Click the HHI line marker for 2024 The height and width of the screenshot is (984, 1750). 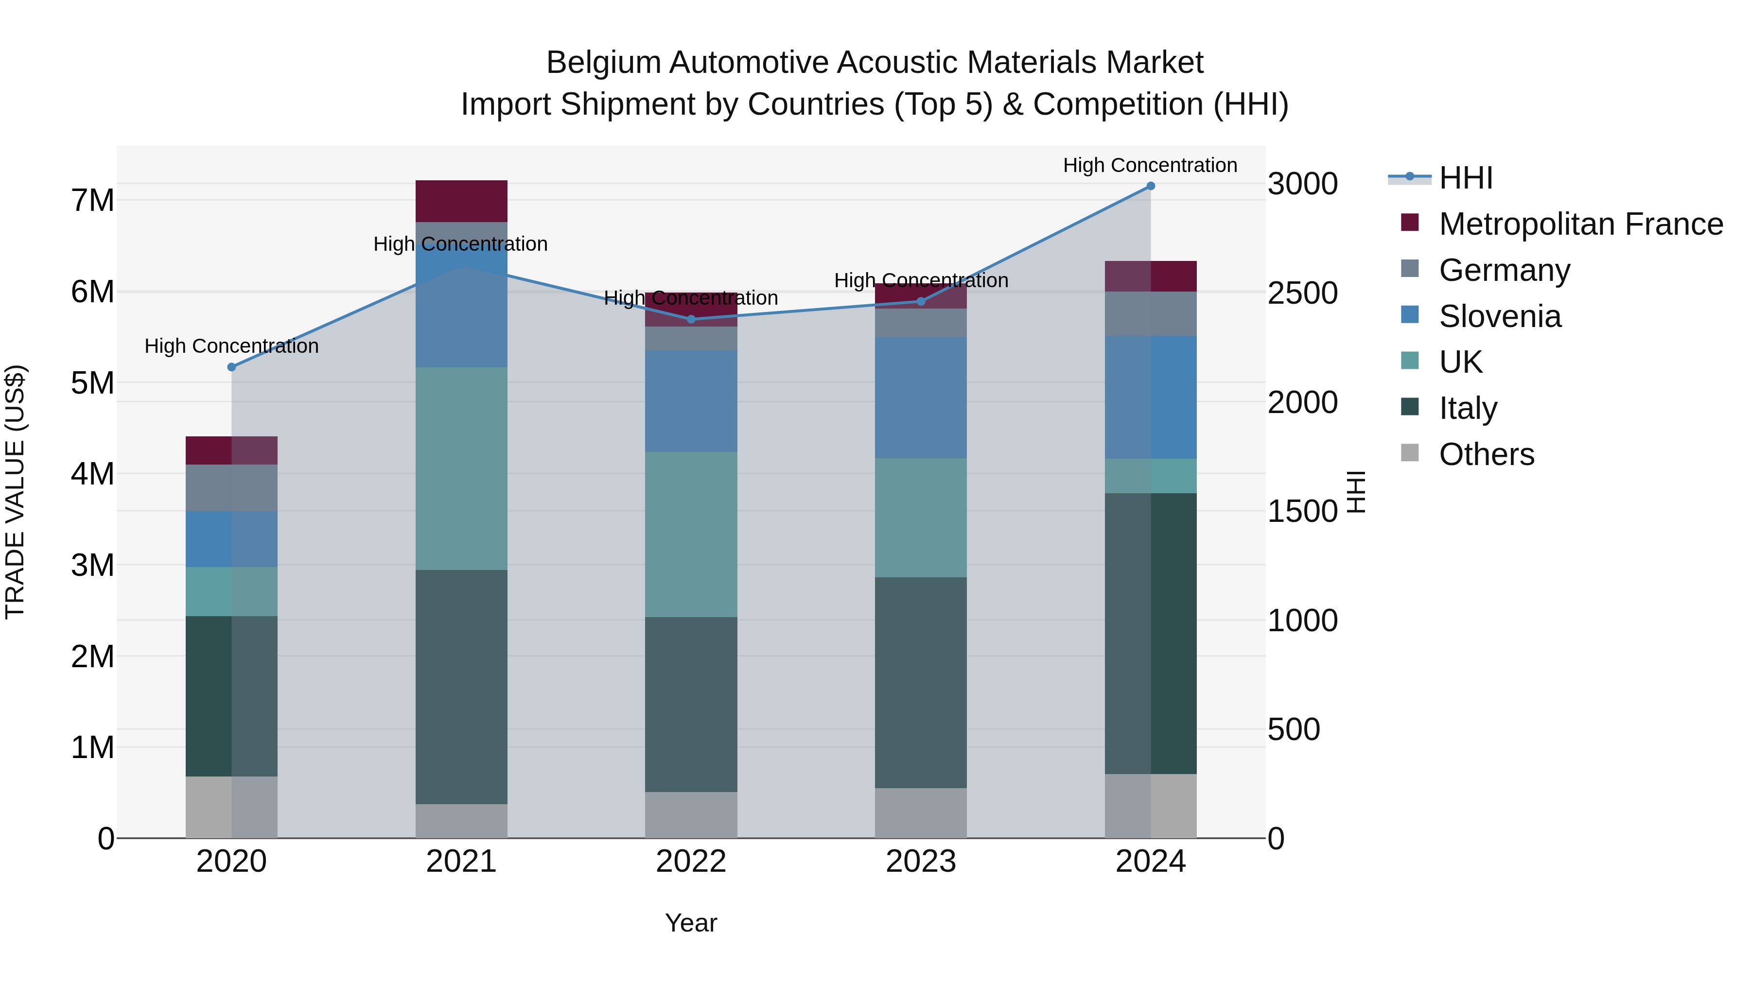(x=1150, y=186)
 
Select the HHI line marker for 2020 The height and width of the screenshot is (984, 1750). (x=232, y=367)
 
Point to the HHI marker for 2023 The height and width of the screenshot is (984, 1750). (x=921, y=301)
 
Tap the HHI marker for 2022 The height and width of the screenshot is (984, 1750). (x=691, y=319)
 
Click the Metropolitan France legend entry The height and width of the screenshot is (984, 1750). (x=1580, y=224)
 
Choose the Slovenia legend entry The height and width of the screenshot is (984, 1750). (x=1499, y=316)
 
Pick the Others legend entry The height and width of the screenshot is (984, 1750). (x=1486, y=454)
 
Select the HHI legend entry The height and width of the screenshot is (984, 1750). (x=1465, y=178)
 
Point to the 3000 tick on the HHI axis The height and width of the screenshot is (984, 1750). (x=1302, y=184)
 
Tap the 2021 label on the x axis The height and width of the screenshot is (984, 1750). (x=461, y=862)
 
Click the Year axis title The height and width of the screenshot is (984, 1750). (x=691, y=923)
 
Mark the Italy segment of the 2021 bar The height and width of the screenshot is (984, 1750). (x=461, y=686)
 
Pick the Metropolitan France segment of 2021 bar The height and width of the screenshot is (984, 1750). (x=461, y=201)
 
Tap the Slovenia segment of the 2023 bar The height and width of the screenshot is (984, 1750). (x=921, y=397)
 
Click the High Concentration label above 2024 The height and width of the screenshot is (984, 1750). (x=1150, y=165)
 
